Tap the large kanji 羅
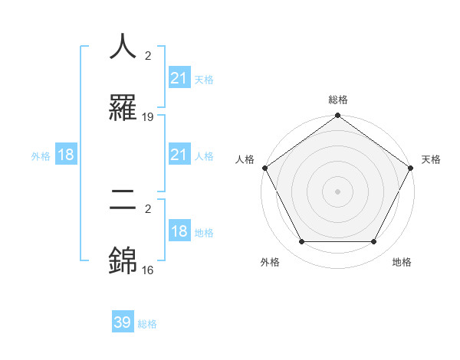123,107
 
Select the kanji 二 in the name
123,201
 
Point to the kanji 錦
123,260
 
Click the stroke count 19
148,117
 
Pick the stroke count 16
148,270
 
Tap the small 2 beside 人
148,55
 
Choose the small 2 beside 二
148,208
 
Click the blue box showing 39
123,322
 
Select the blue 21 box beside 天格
179,78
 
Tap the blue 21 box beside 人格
179,155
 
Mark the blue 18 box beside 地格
179,232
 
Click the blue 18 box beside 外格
66,155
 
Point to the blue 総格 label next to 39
147,324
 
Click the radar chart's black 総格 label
338,100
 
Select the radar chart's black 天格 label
431,159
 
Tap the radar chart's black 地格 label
402,262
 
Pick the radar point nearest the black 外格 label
301,242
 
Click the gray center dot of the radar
338,191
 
